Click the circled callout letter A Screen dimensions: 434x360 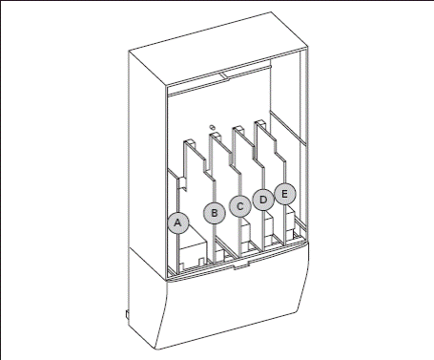coord(178,222)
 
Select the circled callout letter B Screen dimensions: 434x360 coord(215,213)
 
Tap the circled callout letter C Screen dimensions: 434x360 coord(240,206)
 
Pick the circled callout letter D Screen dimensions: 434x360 coord(263,200)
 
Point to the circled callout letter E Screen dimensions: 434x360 coord(285,194)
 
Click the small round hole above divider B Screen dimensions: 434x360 coord(212,127)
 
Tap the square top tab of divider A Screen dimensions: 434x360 coord(190,142)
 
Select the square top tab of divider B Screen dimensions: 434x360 coord(216,136)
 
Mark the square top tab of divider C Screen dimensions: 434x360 coord(238,129)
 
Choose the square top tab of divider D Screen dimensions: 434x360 coord(260,123)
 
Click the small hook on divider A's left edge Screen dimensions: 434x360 coord(183,183)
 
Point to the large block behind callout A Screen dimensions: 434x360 coord(194,251)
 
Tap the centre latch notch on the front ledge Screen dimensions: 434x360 coord(241,265)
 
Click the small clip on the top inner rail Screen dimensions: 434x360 coord(224,75)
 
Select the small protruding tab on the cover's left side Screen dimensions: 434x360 coord(127,314)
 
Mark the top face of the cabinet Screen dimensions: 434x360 coord(218,49)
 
